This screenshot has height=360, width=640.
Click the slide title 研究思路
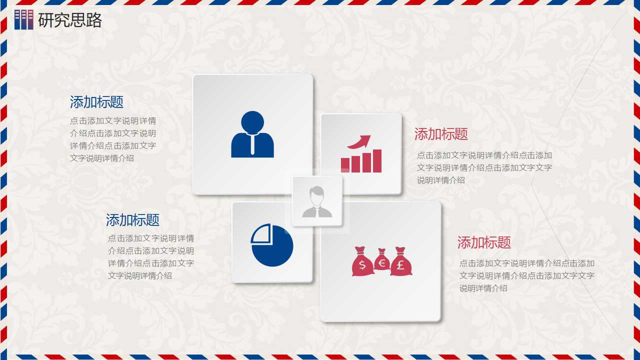point(70,20)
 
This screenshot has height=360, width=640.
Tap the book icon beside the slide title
point(23,19)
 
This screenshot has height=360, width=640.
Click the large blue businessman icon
point(252,135)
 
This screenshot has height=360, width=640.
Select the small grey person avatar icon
point(317,201)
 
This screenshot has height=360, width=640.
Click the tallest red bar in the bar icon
point(377,161)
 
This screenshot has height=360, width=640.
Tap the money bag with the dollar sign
point(362,263)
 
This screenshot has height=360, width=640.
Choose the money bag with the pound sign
point(401,263)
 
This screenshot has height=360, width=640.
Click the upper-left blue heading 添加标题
point(96,102)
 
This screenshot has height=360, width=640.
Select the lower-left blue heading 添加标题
point(132,220)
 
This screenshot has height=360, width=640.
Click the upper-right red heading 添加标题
point(441,134)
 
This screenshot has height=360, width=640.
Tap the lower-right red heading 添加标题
point(484,243)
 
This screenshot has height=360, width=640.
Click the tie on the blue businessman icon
point(252,145)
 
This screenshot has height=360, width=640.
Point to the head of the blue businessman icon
point(252,122)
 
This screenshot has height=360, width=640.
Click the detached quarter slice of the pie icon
point(260,233)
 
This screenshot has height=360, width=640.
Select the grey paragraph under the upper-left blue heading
point(113,139)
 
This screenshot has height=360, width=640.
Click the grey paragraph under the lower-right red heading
point(527,275)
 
